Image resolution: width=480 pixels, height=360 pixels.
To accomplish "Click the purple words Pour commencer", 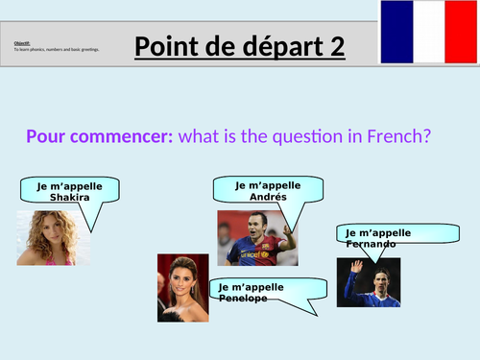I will coord(99,135).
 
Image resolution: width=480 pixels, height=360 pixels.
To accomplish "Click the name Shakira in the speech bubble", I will coord(69,197).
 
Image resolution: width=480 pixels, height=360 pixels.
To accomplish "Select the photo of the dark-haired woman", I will coord(182,286).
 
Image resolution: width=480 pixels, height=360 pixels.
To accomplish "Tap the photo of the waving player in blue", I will coord(368,282).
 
